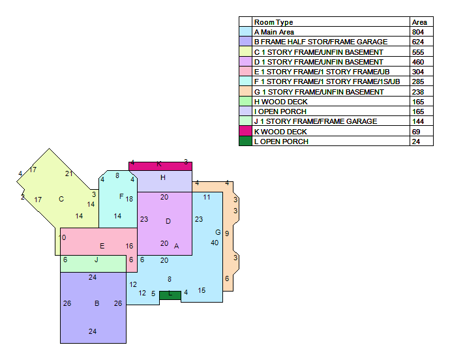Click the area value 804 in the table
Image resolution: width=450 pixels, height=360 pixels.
[x=418, y=32]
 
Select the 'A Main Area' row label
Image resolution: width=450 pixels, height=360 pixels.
[x=274, y=32]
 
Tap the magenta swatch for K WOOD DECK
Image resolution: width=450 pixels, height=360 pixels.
[x=245, y=131]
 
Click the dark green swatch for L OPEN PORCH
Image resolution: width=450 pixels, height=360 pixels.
[x=245, y=142]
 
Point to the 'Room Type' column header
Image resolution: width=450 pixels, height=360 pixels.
[x=273, y=22]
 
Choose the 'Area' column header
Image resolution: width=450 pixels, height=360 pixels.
[x=419, y=22]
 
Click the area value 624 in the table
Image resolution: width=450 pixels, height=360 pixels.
[x=418, y=42]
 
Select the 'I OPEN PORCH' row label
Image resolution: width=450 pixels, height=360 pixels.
[x=280, y=112]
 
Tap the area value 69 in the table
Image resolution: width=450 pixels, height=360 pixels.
[x=416, y=132]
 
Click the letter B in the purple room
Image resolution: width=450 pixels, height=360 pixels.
[x=97, y=303]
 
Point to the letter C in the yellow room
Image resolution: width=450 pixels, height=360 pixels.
[x=61, y=199]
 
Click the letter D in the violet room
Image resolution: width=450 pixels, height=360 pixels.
[x=168, y=221]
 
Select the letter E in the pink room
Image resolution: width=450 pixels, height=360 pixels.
[x=102, y=246]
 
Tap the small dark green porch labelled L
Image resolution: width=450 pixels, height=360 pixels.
[x=170, y=295]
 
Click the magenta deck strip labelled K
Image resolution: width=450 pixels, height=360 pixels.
[x=160, y=166]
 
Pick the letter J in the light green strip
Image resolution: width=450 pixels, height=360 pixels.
[x=97, y=260]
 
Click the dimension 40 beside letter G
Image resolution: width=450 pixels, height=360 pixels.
[x=215, y=243]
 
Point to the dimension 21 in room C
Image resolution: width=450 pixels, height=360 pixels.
[x=69, y=173]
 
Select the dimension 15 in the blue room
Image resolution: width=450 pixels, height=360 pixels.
[x=202, y=290]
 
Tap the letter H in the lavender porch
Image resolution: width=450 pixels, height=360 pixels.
[x=163, y=177]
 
